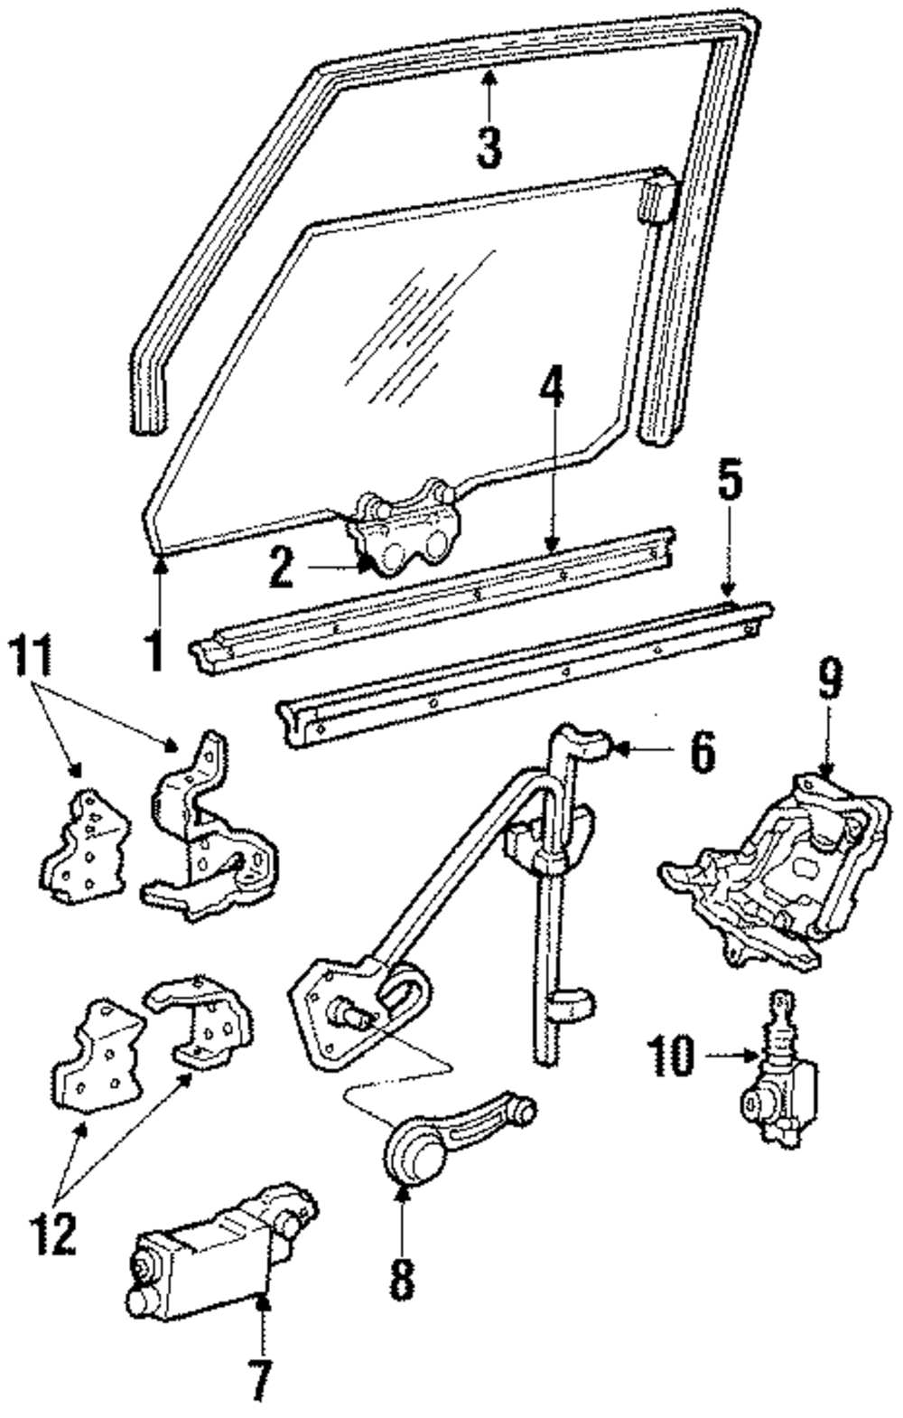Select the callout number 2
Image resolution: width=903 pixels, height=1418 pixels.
click(x=281, y=568)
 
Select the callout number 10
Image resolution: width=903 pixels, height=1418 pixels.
click(x=672, y=1055)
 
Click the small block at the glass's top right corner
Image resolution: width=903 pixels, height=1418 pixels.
click(x=656, y=198)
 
